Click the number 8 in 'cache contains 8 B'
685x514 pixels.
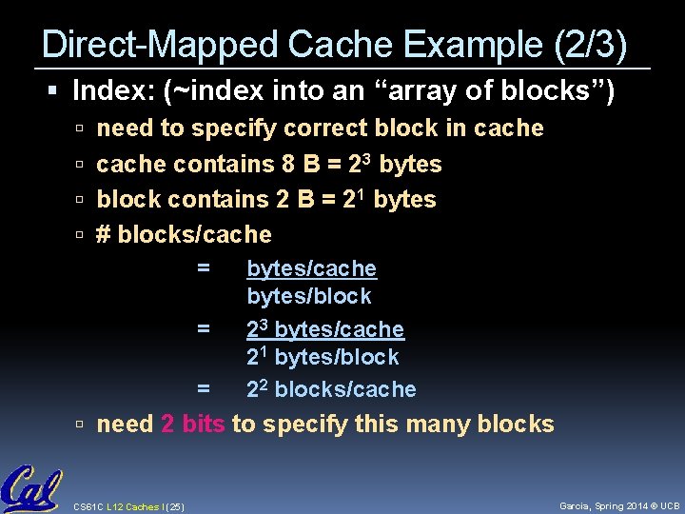point(287,164)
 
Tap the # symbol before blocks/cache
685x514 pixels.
point(105,234)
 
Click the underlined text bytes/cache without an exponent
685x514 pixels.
point(311,269)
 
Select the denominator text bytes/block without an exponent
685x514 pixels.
point(309,296)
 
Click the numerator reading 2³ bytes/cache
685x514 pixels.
point(325,329)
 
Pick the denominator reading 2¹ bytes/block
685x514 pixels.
point(323,357)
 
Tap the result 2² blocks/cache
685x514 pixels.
point(331,389)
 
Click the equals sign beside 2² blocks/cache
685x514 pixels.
point(203,389)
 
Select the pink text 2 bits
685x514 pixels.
point(193,424)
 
